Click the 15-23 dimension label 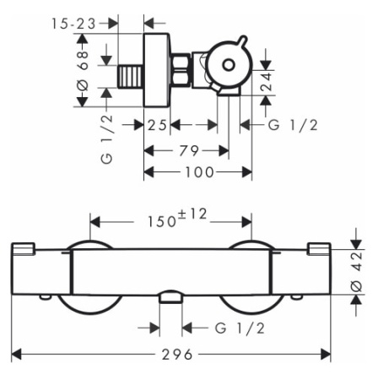coord(73,24)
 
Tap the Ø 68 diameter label coord(84,71)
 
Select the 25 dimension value coord(157,125)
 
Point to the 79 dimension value coord(189,151)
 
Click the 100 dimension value coord(199,172)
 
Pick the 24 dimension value coord(267,82)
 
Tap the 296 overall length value coord(177,355)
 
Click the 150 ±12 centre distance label coord(177,219)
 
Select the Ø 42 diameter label coord(357,272)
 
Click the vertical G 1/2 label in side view coord(106,139)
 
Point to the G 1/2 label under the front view coord(240,328)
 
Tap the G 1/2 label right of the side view coord(293,125)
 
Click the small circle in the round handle coord(229,65)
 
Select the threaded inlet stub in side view coord(130,76)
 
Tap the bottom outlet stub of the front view coord(170,297)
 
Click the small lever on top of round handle coord(241,41)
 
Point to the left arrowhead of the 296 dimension coord(16,354)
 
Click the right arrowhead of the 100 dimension coord(247,172)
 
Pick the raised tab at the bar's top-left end coord(24,249)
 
